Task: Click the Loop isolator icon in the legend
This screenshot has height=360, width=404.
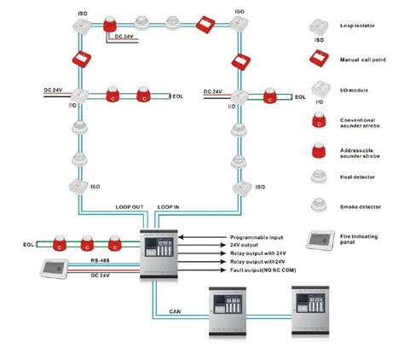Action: tap(320, 27)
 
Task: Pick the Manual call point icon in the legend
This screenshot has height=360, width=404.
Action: tap(320, 60)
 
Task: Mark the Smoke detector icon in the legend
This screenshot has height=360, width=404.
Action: tap(320, 204)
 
